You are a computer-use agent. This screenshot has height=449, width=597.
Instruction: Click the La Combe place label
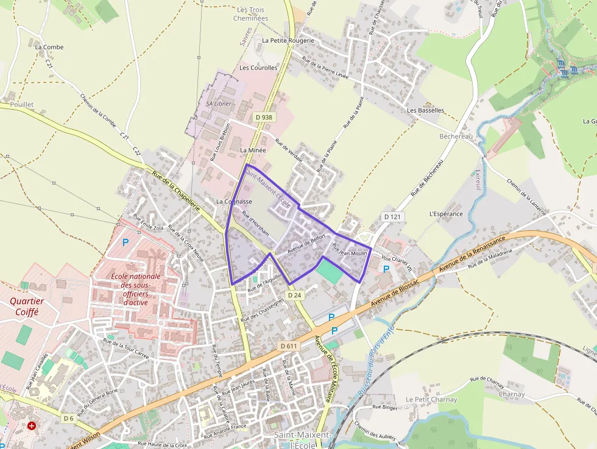click(49, 47)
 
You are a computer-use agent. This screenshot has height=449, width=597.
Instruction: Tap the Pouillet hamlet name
click(22, 105)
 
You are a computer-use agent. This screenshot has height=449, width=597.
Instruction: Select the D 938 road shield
click(264, 117)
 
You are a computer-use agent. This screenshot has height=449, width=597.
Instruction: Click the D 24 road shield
click(294, 295)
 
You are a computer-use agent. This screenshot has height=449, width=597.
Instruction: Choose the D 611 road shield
click(289, 346)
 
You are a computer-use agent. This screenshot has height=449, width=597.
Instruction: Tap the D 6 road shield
click(68, 418)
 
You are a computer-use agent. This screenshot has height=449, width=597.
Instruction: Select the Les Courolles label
click(258, 68)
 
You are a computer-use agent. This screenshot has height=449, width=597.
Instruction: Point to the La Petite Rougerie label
click(288, 40)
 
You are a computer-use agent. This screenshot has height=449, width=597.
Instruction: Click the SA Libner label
click(218, 104)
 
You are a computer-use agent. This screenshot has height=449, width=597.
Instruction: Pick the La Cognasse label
click(235, 201)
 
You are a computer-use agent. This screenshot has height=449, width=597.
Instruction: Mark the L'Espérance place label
click(446, 214)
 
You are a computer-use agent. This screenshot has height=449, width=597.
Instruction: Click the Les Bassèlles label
click(425, 110)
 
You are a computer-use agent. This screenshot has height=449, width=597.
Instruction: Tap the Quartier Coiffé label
click(24, 306)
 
